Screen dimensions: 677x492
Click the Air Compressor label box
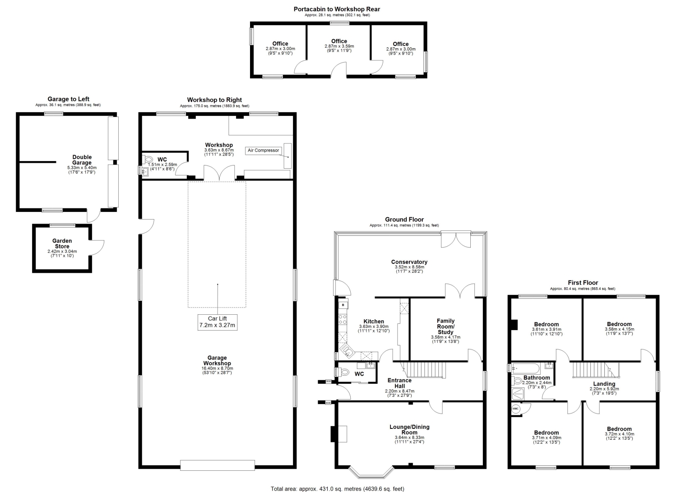pyautogui.click(x=263, y=151)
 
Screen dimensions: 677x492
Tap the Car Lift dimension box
pyautogui.click(x=217, y=322)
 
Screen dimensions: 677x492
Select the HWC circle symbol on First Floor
pyautogui.click(x=515, y=409)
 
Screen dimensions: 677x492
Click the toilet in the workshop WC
pyautogui.click(x=148, y=159)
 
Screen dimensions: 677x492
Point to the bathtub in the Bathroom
pyautogui.click(x=525, y=369)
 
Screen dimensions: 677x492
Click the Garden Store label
pyautogui.click(x=62, y=244)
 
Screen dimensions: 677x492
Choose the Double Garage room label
pyautogui.click(x=82, y=160)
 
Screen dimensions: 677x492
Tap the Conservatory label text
pyautogui.click(x=409, y=262)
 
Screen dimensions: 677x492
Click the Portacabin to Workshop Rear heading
pyautogui.click(x=337, y=9)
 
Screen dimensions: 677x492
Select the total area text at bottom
pyautogui.click(x=337, y=489)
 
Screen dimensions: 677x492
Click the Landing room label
pyautogui.click(x=604, y=384)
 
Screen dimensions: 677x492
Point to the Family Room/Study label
pyautogui.click(x=445, y=326)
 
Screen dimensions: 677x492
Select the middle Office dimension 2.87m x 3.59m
pyautogui.click(x=339, y=46)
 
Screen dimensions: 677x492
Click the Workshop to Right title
pyautogui.click(x=214, y=100)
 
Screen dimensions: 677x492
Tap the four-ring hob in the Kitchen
pyautogui.click(x=343, y=320)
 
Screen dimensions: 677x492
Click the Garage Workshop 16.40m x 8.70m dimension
pyautogui.click(x=217, y=368)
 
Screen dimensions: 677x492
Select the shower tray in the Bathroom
pyautogui.click(x=518, y=393)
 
